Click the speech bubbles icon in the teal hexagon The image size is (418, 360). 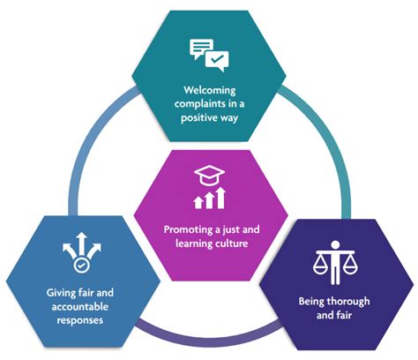point(207,54)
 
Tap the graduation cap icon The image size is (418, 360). point(209,173)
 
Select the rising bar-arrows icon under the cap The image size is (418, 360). point(209,199)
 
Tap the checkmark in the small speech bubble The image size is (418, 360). point(216,60)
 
